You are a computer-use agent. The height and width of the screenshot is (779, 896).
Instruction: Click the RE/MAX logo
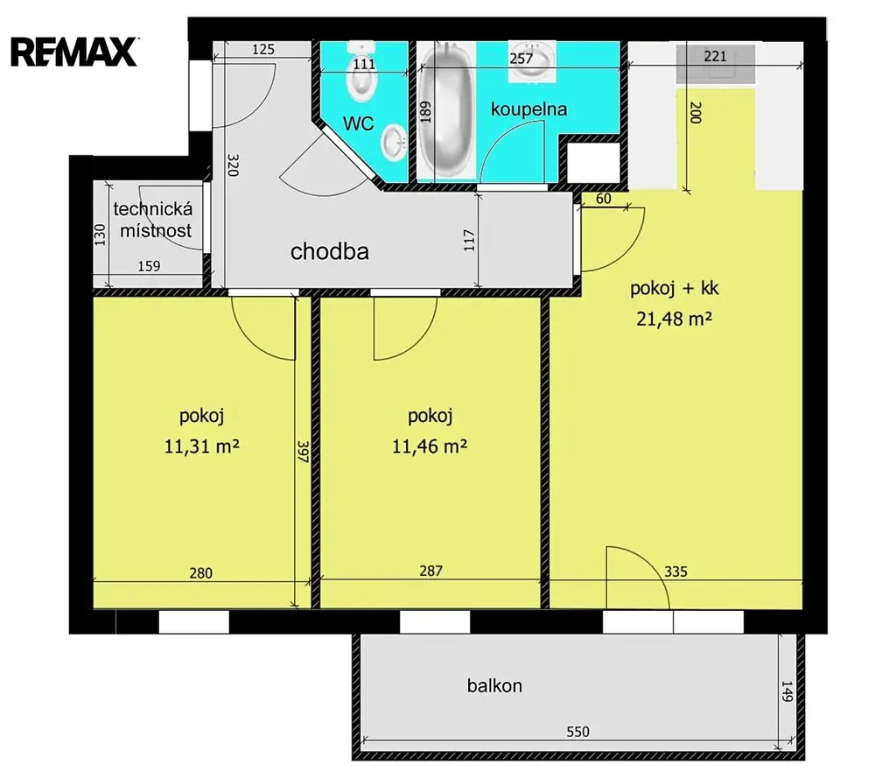point(74,52)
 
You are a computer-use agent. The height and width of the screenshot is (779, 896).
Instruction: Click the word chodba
point(330,251)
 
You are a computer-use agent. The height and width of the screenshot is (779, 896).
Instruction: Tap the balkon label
point(494,685)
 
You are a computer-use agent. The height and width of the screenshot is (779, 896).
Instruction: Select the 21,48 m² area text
point(675,319)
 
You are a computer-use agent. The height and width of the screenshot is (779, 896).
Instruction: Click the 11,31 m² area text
point(202,446)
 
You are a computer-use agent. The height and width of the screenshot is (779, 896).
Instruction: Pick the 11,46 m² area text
point(430,446)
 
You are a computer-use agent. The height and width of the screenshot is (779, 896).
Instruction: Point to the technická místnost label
point(153,220)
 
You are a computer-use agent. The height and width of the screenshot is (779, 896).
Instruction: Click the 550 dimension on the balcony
point(577,732)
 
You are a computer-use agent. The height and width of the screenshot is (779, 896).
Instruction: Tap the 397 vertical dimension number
point(303,451)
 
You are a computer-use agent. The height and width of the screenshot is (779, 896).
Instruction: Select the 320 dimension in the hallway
point(233,165)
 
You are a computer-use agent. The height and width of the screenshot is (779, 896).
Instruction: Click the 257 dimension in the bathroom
point(521,59)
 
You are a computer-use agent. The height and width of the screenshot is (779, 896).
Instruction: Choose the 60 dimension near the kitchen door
point(604,199)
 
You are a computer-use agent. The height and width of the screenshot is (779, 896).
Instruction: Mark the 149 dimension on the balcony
point(787,691)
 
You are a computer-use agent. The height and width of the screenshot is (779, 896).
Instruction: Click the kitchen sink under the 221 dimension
point(716,63)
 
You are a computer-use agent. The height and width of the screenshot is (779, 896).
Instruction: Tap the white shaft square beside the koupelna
point(592,162)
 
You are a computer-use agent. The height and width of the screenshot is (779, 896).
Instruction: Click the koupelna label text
point(528,109)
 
